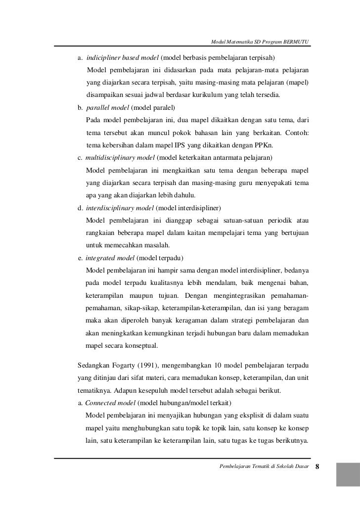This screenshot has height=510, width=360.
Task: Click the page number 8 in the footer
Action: (318, 466)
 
